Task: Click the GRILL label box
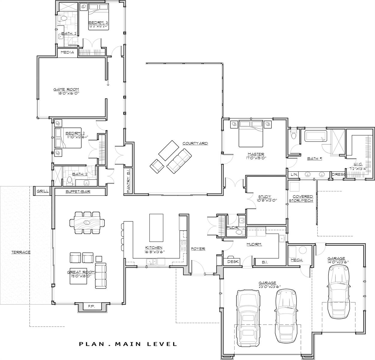pyautogui.click(x=43, y=191)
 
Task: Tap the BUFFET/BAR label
pyautogui.click(x=78, y=191)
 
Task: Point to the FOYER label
pyautogui.click(x=198, y=249)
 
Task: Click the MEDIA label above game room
pyautogui.click(x=67, y=52)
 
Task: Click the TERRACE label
pyautogui.click(x=21, y=252)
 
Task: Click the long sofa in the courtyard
pyautogui.click(x=179, y=161)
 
